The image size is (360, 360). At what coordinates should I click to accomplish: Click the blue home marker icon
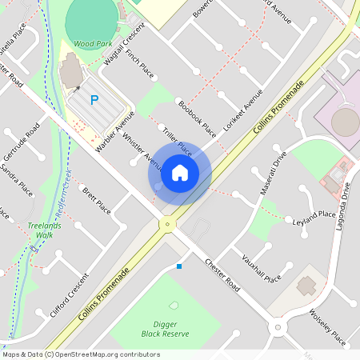[x=180, y=172]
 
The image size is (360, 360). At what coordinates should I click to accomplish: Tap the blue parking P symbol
[x=94, y=100]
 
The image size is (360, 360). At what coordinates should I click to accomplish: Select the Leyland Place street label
[x=314, y=218]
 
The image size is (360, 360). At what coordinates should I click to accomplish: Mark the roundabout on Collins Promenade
[x=167, y=225]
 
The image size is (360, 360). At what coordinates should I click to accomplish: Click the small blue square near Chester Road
[x=179, y=266]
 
